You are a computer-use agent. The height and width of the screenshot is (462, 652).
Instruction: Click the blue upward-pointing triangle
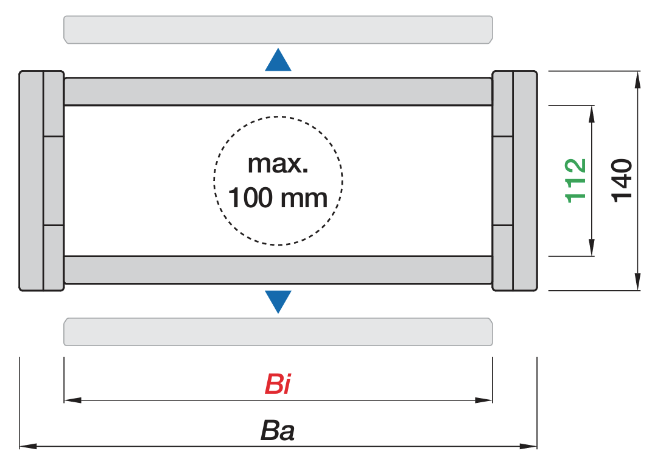[278, 62]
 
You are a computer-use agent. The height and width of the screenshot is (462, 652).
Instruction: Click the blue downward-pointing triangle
[278, 300]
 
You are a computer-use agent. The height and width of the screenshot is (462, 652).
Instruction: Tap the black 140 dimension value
[622, 180]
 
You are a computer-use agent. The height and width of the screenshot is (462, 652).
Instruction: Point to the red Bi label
[278, 385]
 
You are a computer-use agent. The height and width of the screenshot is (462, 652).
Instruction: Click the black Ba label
[278, 431]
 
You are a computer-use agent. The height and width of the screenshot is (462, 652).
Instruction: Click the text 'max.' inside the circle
[278, 164]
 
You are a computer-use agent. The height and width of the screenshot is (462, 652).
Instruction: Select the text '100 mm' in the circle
[278, 198]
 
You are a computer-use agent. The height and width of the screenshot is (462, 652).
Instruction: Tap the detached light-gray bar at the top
[278, 29]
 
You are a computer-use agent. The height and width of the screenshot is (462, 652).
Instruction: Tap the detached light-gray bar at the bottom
[278, 332]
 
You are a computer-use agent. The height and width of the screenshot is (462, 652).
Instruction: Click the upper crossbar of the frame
[278, 91]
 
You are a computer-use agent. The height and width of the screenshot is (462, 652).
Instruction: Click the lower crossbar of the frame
[278, 269]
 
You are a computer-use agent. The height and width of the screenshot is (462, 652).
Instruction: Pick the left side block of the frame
[41, 180]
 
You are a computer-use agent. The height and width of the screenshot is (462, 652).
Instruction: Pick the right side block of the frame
[514, 180]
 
